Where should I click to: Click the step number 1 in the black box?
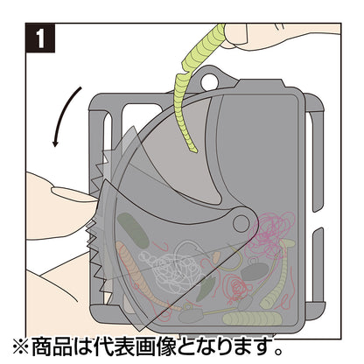(40, 38)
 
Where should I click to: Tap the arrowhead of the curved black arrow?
(55, 143)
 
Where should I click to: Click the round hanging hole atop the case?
(209, 81)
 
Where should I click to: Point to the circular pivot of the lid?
(241, 223)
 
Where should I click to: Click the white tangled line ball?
(171, 269)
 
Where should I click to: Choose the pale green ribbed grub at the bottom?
(251, 318)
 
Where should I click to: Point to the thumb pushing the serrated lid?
(73, 194)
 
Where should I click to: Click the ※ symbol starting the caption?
(21, 346)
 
